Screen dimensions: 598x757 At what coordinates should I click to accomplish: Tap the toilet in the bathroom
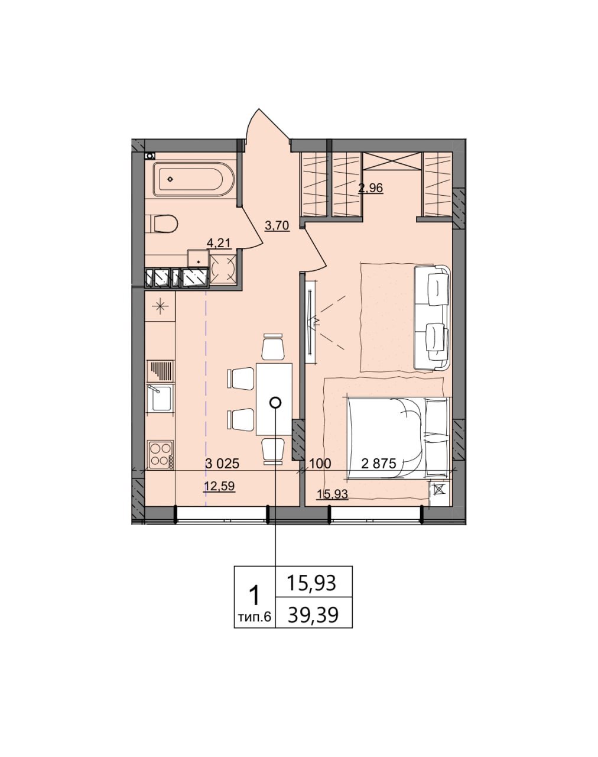pos(162,224)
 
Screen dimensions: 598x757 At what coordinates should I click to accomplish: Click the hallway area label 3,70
pos(277,225)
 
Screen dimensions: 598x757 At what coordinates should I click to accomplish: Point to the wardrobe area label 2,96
pos(370,188)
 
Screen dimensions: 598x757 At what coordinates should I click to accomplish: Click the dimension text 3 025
pos(222,464)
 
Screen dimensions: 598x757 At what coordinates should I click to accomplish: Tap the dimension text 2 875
pos(379,464)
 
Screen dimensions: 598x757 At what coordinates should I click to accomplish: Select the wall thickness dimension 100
pos(320,464)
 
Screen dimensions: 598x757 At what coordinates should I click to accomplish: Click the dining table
pos(274,399)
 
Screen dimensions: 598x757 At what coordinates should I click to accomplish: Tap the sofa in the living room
pos(432,318)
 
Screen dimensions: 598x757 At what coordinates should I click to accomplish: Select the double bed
pos(398,438)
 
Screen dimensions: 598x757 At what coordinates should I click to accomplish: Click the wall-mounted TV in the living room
pos(310,322)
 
